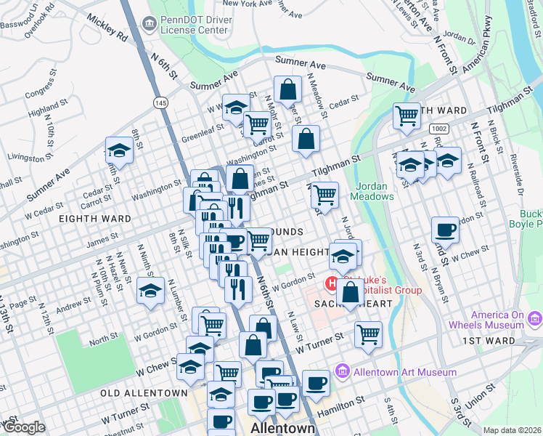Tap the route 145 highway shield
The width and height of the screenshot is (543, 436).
click(x=160, y=104)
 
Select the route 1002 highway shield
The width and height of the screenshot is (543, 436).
click(x=438, y=128)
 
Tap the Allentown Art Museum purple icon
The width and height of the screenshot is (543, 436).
click(x=343, y=372)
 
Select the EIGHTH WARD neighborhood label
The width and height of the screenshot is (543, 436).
click(x=94, y=218)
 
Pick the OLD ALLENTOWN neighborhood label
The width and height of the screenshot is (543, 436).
click(x=144, y=392)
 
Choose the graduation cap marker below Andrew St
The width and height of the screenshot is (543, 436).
click(x=150, y=291)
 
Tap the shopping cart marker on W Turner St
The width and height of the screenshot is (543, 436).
click(x=369, y=335)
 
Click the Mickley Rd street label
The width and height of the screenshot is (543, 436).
click(x=107, y=28)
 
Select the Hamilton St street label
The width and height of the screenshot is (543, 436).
click(x=360, y=402)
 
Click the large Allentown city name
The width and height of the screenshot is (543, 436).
click(x=283, y=428)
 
